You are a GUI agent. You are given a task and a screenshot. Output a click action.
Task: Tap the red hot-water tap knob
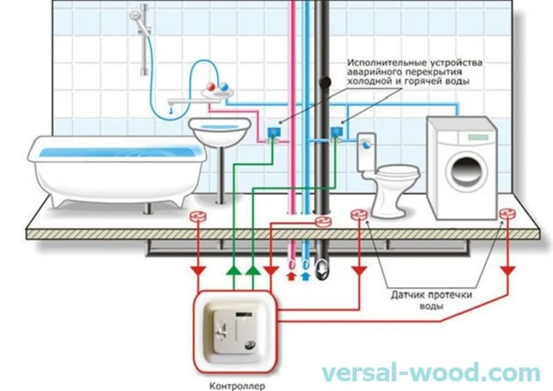[211, 86]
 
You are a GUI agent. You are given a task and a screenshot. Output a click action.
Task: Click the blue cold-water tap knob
[224, 86]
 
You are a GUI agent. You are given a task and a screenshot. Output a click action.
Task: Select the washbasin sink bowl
[219, 131]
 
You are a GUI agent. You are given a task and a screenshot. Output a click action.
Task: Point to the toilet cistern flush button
[368, 145]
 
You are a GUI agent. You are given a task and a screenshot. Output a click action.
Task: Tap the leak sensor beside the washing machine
[507, 213]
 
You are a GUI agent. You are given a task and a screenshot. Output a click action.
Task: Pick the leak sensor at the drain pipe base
[323, 222]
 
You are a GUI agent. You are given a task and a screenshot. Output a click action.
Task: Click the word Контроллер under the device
[237, 386]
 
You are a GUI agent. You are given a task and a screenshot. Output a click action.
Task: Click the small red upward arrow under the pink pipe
[291, 276]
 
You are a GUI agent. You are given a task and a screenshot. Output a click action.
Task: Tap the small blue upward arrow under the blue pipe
[305, 276]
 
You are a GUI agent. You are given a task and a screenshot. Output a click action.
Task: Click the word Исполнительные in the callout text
[387, 63]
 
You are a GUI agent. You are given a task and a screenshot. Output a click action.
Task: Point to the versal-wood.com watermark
[430, 373]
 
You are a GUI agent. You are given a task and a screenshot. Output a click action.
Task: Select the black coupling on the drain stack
[325, 82]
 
